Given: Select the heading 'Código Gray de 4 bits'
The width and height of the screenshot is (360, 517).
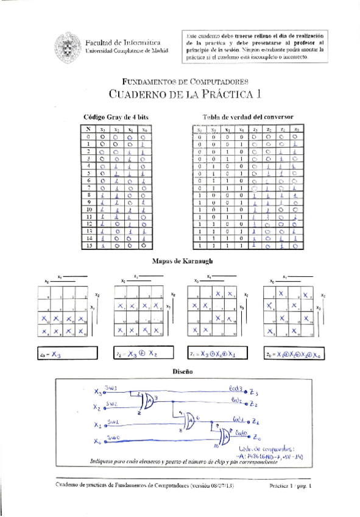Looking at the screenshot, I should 116,116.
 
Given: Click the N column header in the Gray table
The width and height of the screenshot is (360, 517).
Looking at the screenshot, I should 88,129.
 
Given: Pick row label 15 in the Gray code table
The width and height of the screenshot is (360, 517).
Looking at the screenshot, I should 88,246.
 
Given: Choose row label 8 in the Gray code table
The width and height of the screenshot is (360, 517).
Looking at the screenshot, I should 88,194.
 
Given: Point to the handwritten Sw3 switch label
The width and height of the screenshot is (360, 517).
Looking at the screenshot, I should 111,387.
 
